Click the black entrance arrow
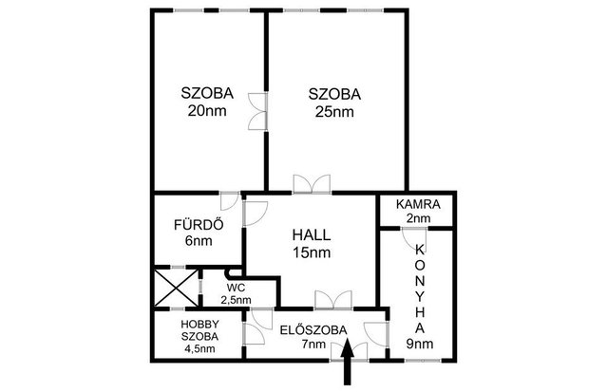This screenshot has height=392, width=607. tap(348, 362)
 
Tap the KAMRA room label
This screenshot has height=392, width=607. tap(418, 204)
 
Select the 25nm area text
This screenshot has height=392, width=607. tap(334, 112)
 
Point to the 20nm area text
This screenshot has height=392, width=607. tap(207, 111)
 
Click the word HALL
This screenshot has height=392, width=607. tap(312, 234)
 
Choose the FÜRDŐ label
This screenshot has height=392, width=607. tap(199, 224)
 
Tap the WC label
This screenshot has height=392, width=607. tap(236, 288)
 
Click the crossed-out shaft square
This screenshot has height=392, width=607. tap(177, 288)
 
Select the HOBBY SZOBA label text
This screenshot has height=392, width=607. tap(199, 330)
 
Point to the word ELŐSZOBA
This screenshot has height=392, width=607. tap(313, 330)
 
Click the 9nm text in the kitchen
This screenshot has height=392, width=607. tap(420, 344)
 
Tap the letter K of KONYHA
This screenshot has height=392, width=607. tap(420, 250)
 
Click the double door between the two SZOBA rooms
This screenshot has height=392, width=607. tap(257, 111)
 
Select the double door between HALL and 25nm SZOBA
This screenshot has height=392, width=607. tap(312, 184)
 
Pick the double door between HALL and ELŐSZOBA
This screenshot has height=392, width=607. tap(333, 300)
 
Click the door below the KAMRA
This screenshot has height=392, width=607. tap(414, 239)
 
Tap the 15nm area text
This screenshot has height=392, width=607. tap(312, 252)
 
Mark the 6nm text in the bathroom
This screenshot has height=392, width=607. tap(199, 241)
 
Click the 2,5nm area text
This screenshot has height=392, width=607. tap(236, 300)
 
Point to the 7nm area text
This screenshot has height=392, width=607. tap(313, 344)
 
